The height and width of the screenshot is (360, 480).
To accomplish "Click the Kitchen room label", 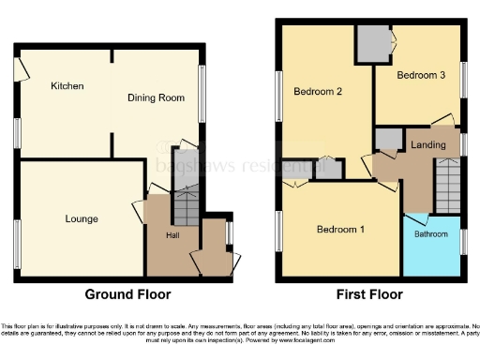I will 67,86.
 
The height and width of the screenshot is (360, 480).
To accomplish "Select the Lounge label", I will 81,219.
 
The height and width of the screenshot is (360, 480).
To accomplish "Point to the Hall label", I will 172,235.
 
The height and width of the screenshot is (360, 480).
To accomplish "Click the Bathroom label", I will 431,234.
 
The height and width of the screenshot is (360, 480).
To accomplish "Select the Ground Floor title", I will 127,294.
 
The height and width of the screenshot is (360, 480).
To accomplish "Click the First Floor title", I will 367,294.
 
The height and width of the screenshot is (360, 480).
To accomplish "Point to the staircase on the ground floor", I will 187,202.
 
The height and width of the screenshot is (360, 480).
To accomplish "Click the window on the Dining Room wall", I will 203,92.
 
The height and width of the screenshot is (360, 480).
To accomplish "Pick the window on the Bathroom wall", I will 462,242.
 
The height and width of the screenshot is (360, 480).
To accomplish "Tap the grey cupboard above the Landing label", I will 387,140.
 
